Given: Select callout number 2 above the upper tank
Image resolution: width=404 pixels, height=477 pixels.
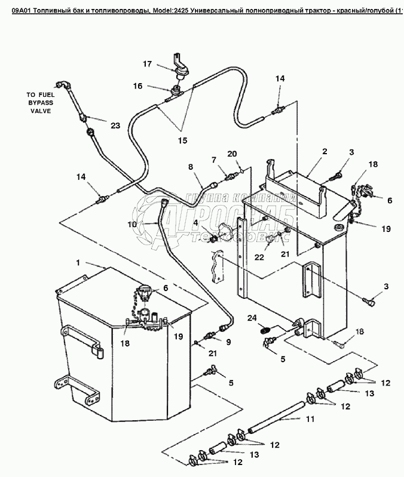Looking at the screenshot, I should (325, 152).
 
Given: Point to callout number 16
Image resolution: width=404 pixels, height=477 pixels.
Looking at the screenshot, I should (137, 86).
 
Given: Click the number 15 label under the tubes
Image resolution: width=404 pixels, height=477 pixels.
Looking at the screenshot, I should (182, 140).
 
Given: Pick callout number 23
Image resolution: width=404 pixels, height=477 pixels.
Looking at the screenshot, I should (115, 125).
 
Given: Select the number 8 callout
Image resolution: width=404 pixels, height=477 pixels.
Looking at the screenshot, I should (191, 167).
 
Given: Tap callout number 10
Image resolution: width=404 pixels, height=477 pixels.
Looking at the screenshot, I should (133, 223).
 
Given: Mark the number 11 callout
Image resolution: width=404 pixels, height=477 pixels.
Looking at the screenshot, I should (310, 419).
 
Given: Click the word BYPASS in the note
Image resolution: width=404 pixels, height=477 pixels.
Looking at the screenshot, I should (38, 103).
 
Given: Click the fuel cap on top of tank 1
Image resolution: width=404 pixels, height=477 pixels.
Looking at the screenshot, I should (144, 293).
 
